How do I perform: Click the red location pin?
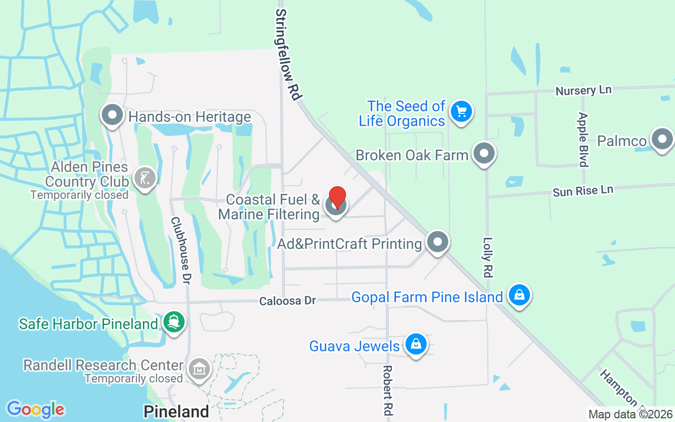pos(337,197)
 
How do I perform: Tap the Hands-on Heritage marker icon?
pos(112,116)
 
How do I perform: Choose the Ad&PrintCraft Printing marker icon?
pos(437,242)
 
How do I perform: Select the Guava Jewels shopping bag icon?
pos(416,344)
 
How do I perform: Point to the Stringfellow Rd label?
pos(288,55)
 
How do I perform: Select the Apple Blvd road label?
pos(583,139)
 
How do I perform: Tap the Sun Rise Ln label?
pos(583,190)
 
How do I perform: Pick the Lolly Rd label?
pos(488,257)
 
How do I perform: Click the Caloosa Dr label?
pos(287,300)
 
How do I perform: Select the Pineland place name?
pos(177,411)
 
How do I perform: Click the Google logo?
pos(35,409)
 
